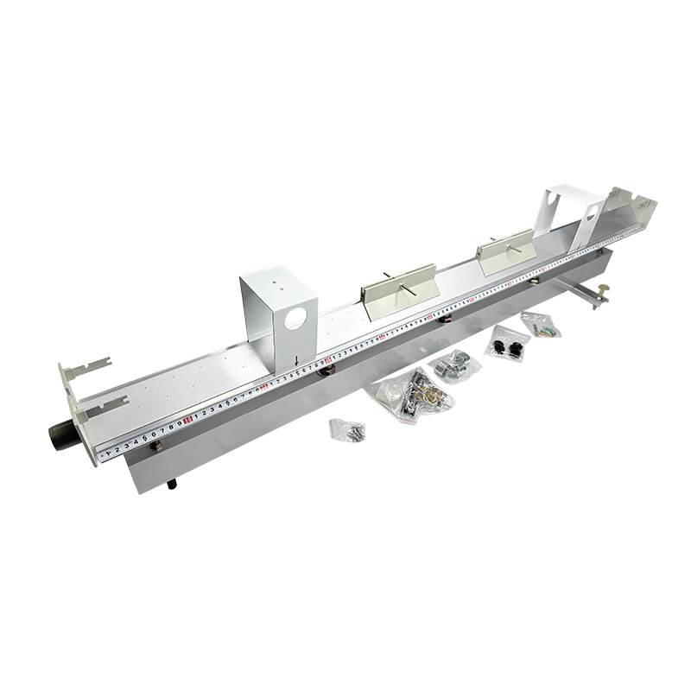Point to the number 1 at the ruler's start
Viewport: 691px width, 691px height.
[x=106, y=449]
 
